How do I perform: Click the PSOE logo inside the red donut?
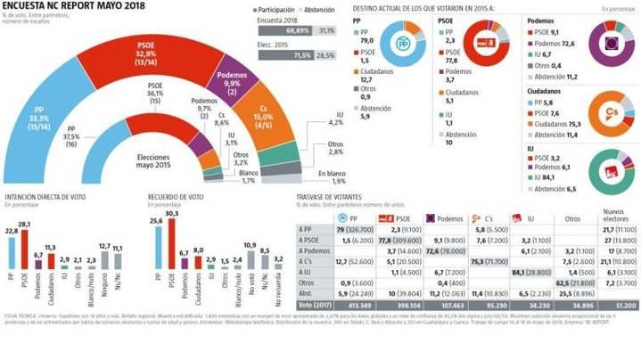[x=487, y=41]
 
